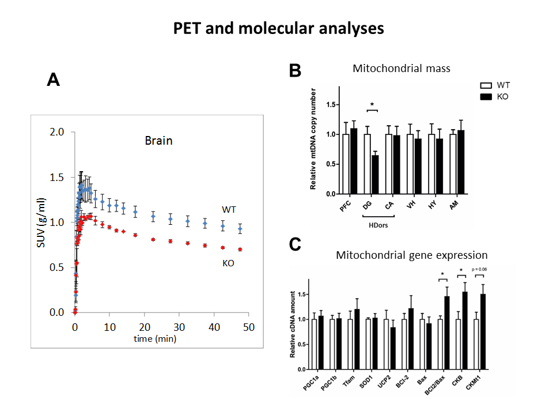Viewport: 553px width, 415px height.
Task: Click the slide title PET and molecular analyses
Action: [x=279, y=28]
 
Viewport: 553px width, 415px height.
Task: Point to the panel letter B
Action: [x=294, y=71]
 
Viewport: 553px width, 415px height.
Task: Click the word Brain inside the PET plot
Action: [x=158, y=140]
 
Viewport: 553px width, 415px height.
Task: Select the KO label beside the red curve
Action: [x=229, y=263]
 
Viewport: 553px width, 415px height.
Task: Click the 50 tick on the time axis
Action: [x=248, y=327]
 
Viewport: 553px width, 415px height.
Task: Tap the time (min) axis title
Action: [x=155, y=338]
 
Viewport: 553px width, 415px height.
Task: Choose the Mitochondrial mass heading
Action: [x=401, y=69]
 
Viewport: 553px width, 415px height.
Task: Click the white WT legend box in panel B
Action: [x=487, y=85]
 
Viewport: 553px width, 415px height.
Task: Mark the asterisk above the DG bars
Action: [x=372, y=104]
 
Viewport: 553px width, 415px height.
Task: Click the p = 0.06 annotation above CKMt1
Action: [x=479, y=269]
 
